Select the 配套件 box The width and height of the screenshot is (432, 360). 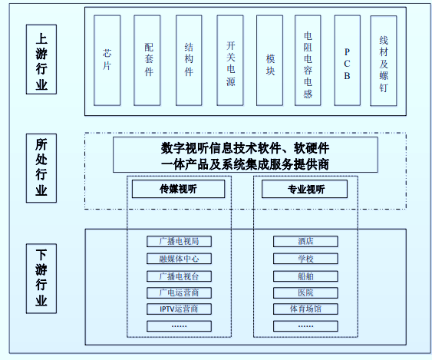point(148,59)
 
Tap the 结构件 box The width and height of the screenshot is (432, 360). point(189,59)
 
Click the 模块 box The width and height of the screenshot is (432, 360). point(270,59)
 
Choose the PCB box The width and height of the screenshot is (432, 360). point(347,59)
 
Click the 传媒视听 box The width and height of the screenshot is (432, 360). point(178,189)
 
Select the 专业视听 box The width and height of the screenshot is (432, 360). point(305,189)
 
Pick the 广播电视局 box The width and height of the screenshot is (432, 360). point(178,241)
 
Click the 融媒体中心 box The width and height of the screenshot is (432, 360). point(178,259)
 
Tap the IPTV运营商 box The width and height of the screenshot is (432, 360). point(178,309)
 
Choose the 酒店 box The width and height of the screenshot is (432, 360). point(305,241)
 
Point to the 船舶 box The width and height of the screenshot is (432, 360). point(305,276)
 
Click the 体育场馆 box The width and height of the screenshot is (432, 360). point(305,309)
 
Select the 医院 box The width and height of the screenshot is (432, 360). point(305,292)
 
